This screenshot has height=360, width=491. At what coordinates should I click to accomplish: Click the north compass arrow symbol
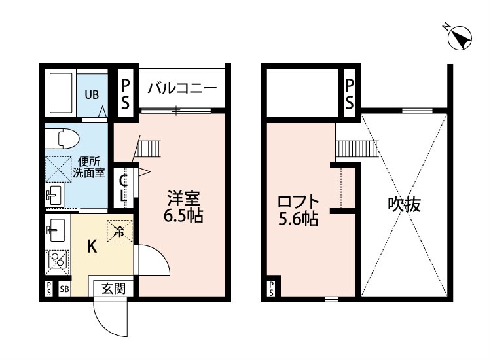pos(461,37)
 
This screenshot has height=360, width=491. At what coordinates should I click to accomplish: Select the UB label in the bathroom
pos(91,94)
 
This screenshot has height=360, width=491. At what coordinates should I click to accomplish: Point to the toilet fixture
pos(63,137)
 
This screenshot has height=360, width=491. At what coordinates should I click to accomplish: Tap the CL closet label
pos(124,185)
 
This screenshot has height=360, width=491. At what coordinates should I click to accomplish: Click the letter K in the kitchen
pos(92,246)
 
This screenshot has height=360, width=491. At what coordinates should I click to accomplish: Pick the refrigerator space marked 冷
pos(120,230)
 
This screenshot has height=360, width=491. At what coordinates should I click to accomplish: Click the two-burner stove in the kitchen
pos(57,261)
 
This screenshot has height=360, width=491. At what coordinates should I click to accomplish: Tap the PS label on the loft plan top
pos(350,94)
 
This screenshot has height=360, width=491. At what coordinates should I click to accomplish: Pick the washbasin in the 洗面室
pos(54,194)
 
